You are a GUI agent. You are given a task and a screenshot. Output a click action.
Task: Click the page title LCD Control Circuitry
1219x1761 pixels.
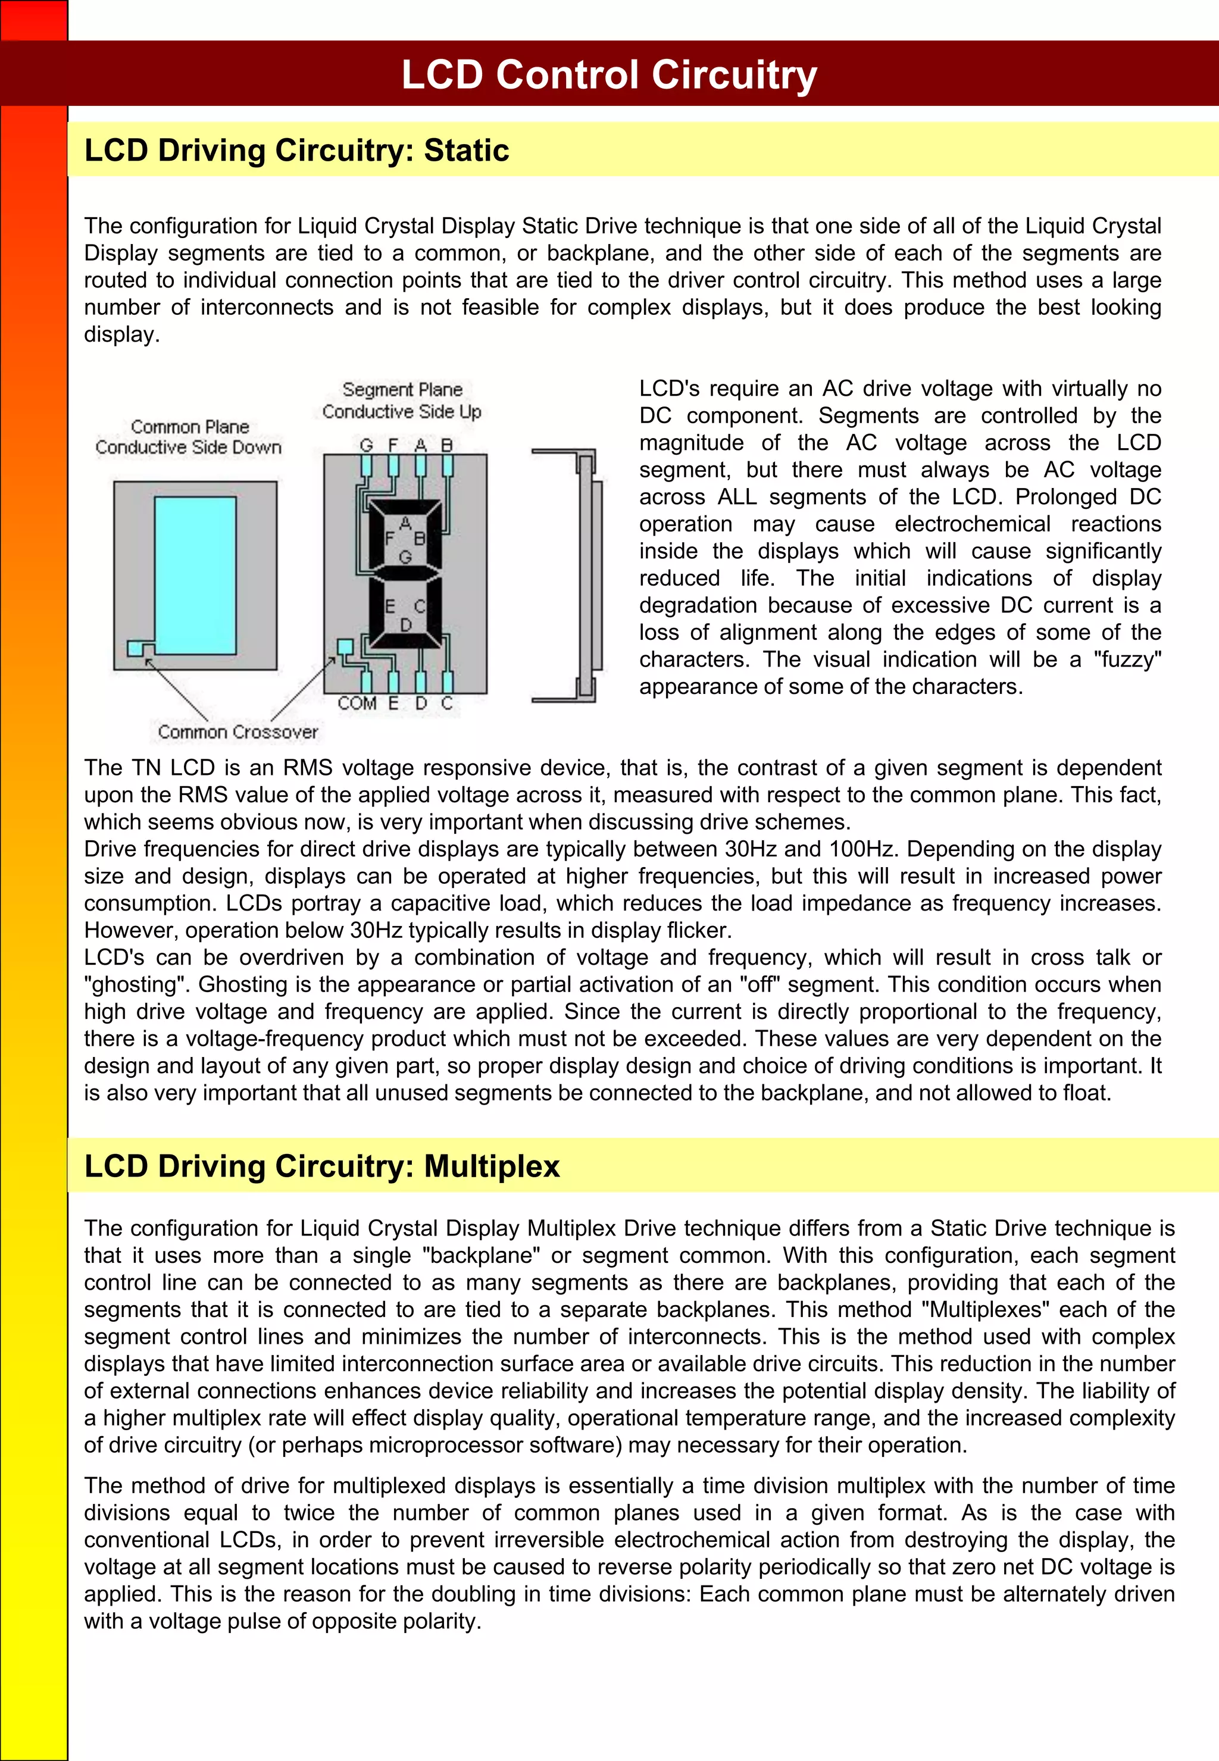609,75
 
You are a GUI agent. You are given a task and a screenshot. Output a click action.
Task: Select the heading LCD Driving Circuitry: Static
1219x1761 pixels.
296,151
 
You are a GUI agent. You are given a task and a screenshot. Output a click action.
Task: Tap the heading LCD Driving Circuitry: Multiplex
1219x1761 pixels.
321,1166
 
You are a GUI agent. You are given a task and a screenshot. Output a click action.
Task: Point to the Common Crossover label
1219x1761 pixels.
237,731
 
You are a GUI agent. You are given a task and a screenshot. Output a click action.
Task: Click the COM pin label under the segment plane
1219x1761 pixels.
357,703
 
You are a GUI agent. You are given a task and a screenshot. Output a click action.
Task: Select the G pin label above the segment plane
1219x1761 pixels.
367,445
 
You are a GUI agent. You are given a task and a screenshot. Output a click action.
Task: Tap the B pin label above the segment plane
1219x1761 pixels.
448,445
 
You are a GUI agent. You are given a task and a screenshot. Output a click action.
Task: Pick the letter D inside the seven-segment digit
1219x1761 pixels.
405,625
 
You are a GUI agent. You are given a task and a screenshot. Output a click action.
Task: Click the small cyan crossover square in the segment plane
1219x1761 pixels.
345,647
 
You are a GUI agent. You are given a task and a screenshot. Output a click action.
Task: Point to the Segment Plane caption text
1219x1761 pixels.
402,400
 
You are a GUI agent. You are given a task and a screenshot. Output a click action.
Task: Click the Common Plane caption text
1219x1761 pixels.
189,437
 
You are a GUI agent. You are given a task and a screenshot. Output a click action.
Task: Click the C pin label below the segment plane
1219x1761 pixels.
448,703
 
